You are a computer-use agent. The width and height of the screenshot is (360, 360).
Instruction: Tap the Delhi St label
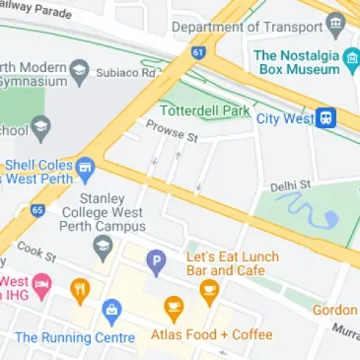291,184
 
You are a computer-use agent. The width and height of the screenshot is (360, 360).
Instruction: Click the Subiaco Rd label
126,72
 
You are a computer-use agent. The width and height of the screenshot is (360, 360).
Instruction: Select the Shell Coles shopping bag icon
85,167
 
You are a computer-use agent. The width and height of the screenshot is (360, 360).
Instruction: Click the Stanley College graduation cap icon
103,245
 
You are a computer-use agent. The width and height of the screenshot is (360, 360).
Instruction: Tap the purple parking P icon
155,262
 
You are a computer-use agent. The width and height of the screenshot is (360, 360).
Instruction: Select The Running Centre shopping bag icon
111,314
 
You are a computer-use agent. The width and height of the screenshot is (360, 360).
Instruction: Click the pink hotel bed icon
41,289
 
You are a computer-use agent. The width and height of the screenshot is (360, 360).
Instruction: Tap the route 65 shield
36,210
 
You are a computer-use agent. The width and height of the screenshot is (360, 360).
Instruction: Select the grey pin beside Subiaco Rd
78,72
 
